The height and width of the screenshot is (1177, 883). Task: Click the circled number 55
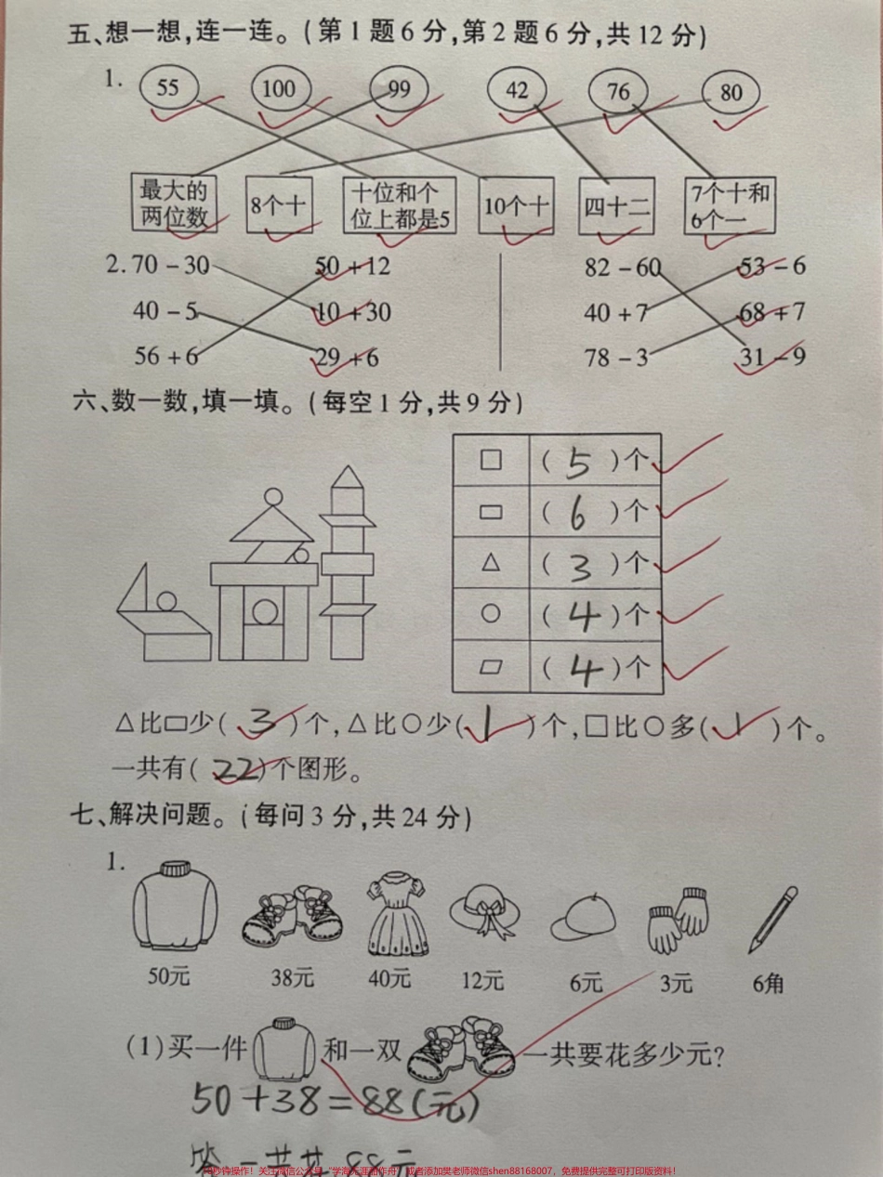[167, 89]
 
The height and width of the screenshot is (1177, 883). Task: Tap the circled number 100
[278, 89]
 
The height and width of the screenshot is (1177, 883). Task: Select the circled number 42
[518, 90]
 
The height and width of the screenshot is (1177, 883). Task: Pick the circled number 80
[731, 93]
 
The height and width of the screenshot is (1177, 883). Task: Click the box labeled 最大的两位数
[173, 203]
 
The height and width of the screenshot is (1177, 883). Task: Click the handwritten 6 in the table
[577, 513]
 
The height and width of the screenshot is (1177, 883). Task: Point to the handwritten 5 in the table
[577, 463]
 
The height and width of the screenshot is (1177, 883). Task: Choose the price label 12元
[483, 980]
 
